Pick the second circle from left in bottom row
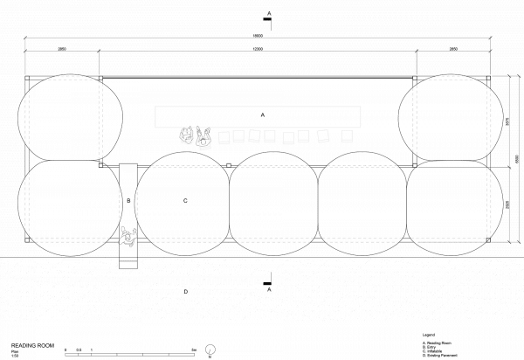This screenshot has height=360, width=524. pos(183,203)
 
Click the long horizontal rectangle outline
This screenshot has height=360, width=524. pos(258,117)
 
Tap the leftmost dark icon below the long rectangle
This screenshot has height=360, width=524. pos(187,135)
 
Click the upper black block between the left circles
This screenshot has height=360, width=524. pos(128,166)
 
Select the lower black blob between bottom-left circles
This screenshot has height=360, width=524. pos(128,242)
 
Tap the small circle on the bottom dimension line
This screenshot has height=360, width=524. pos(210,349)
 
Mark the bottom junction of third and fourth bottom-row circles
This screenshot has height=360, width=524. pos(318,236)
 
